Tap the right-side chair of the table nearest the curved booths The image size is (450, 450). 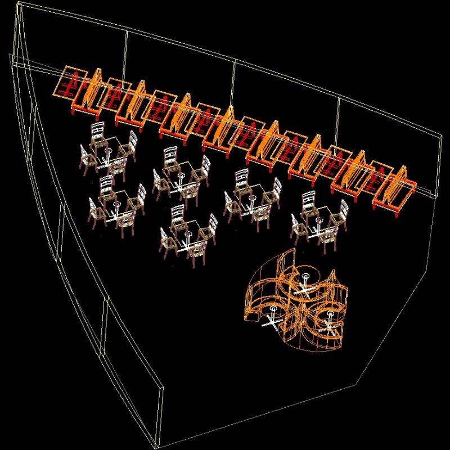coord(341,214)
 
